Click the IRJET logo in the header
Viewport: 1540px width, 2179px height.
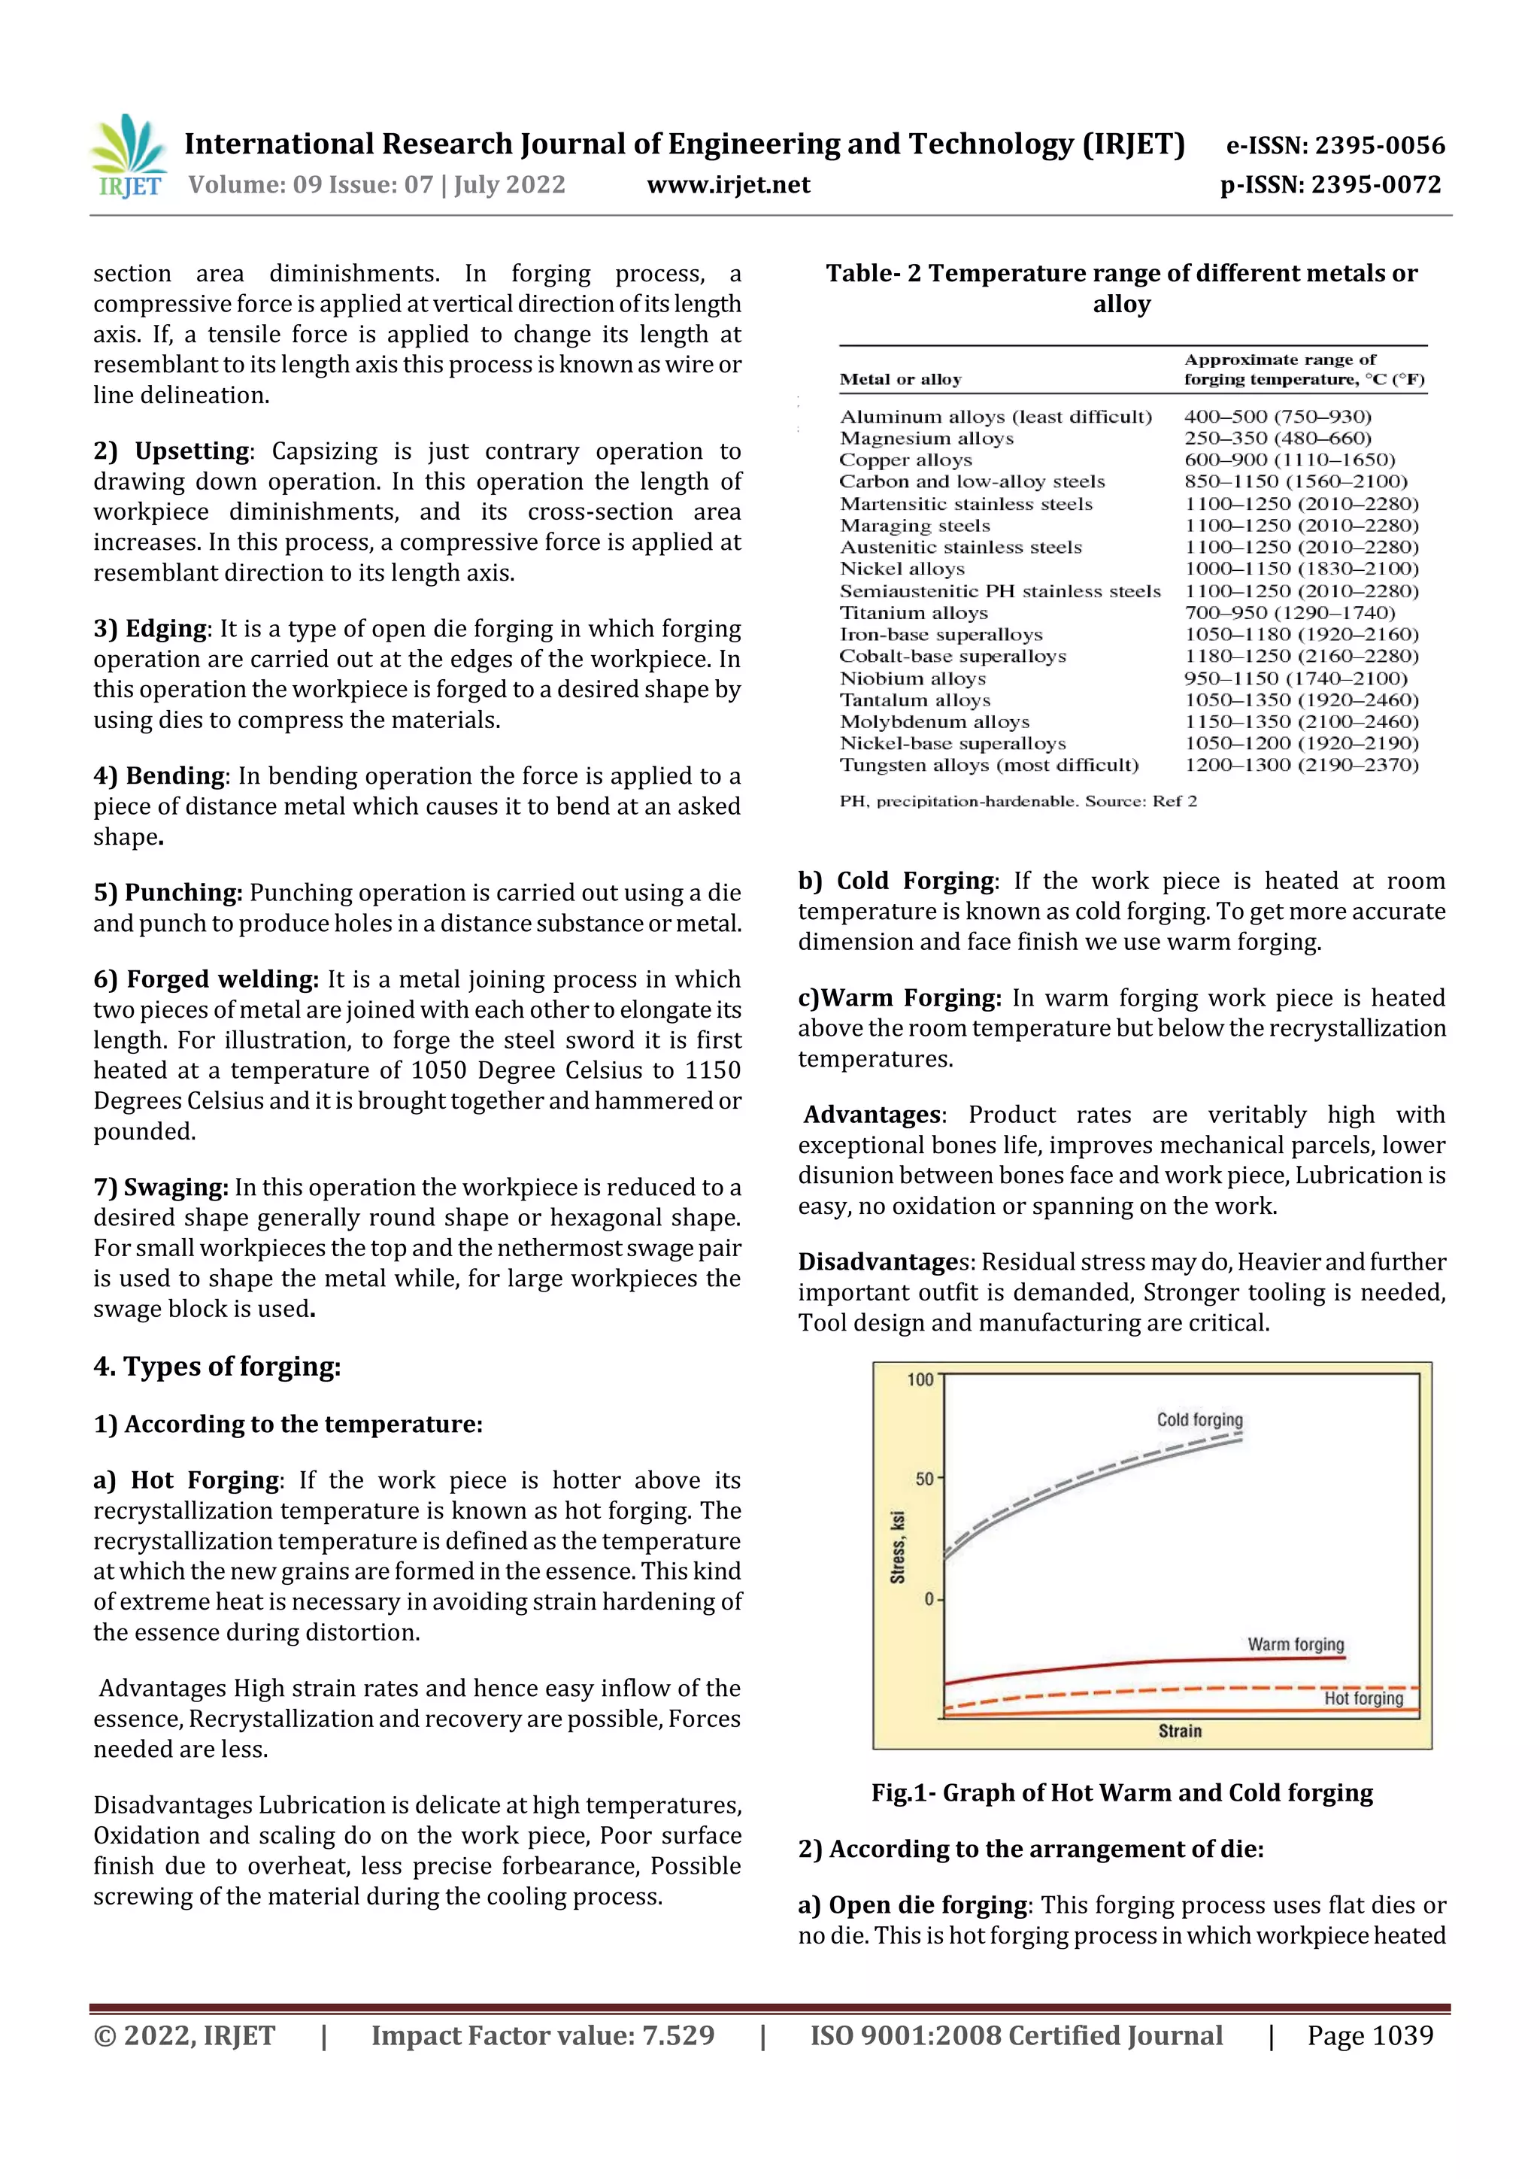[129, 157]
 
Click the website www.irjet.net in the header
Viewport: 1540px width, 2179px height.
[728, 185]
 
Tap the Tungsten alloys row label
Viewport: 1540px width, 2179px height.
[988, 765]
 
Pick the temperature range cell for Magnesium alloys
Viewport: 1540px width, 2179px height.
[1276, 439]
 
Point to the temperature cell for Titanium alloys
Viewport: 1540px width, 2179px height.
[1289, 613]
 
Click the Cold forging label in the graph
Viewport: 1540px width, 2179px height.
[1199, 1420]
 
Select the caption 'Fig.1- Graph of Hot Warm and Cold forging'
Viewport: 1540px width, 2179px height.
[1122, 1792]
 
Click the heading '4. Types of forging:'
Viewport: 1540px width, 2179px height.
[217, 1367]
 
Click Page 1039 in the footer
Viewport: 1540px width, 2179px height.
[1369, 2035]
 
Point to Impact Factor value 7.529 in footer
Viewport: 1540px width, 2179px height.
[542, 2035]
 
